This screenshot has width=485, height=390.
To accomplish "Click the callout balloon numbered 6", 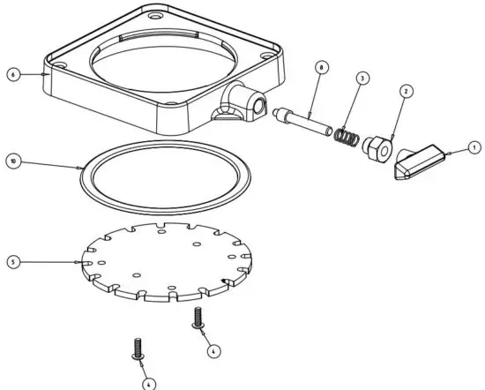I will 12,76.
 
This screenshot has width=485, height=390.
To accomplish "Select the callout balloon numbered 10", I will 12,161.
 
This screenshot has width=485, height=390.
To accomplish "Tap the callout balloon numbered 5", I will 12,261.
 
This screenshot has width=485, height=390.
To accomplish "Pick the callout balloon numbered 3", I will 362,79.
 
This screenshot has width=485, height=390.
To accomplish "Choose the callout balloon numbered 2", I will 405,91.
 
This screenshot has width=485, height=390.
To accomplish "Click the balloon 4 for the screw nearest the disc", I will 213,350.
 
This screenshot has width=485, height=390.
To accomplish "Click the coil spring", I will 347,138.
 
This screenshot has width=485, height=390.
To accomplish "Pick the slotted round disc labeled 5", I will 168,260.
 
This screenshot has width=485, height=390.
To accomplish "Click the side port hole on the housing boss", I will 261,106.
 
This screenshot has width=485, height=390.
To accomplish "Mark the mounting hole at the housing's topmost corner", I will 156,17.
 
